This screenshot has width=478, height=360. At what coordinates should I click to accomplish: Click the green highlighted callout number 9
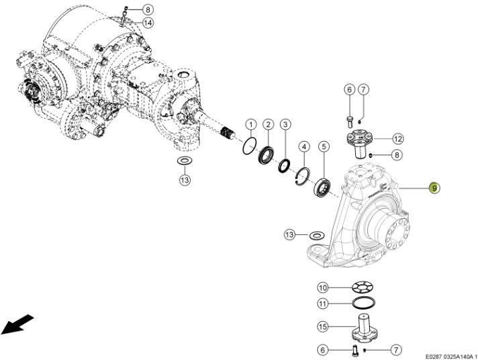point(434,188)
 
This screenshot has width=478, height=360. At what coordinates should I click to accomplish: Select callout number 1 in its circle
point(250,124)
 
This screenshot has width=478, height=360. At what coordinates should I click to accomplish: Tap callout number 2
point(267,124)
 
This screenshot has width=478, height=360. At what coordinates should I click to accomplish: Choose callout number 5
point(324,146)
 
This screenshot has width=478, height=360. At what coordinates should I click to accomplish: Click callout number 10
point(323,287)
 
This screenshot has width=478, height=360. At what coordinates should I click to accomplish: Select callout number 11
point(323,304)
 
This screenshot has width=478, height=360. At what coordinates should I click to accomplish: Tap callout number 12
point(397,139)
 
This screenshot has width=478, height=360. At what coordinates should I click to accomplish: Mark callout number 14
point(148,22)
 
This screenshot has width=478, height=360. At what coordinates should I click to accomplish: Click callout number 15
point(323,326)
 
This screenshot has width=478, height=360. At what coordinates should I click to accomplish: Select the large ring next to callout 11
point(362,304)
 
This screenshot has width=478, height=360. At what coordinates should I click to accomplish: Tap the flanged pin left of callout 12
point(361,141)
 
